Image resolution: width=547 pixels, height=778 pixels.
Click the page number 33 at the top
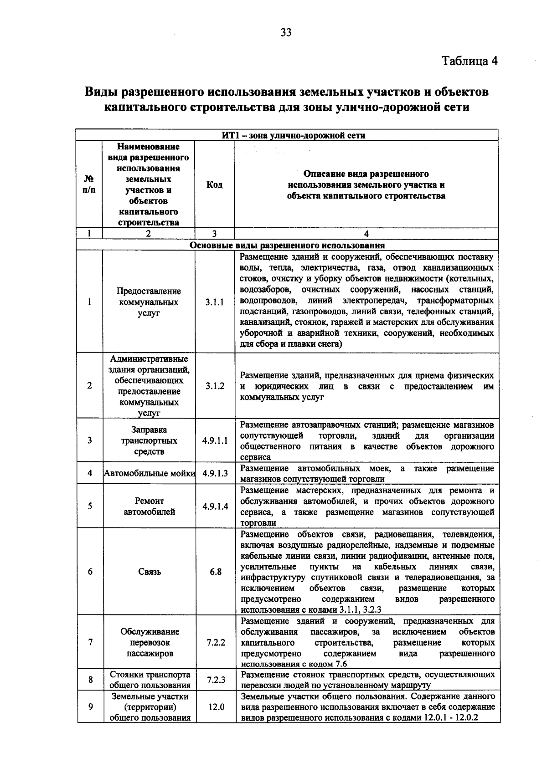286,32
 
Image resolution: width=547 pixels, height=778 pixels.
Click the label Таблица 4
470,61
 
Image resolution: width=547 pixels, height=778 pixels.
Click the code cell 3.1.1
215,302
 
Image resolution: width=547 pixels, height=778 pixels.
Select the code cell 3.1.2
215,386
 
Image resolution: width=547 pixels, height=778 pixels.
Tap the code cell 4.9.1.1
215,440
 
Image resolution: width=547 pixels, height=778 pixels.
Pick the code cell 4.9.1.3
215,473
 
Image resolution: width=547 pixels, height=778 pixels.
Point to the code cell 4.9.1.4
215,506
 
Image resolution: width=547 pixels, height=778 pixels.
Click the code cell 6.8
215,572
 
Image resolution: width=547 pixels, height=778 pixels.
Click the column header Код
214,184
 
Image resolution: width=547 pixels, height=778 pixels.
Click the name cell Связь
150,572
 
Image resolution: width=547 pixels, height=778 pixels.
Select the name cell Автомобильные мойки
150,473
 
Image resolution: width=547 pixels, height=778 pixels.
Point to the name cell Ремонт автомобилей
150,506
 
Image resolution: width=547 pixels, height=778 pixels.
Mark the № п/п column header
89,184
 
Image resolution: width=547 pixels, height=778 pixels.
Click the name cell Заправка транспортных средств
149,440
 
